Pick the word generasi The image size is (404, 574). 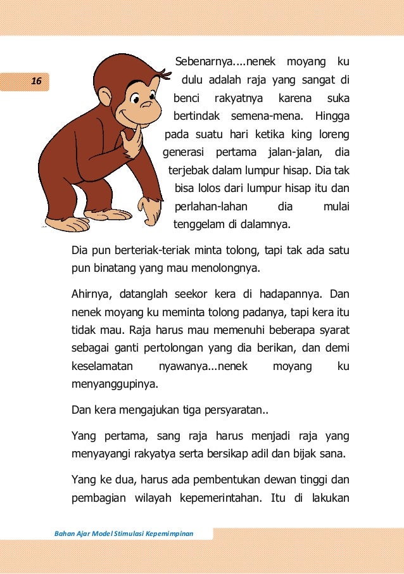184,153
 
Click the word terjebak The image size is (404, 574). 189,171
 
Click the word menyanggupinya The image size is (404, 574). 115,385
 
